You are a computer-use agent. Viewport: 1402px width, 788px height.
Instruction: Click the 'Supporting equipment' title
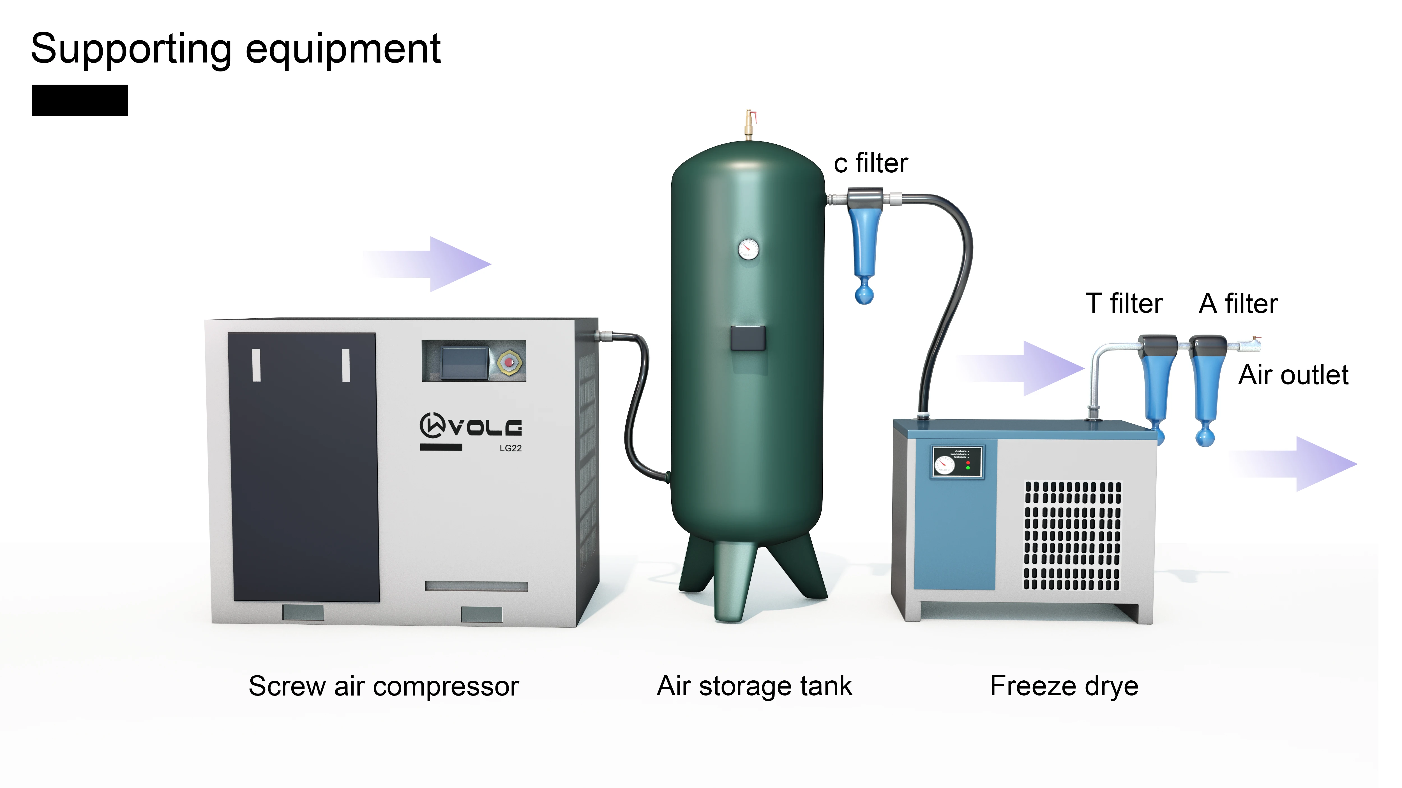coord(235,49)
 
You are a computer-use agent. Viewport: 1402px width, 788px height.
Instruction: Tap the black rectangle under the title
coord(79,100)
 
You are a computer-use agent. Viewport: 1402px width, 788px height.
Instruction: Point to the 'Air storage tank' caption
coord(754,686)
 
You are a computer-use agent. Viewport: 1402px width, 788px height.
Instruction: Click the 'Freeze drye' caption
coord(1064,686)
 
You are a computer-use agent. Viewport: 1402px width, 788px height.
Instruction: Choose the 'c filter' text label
coord(871,163)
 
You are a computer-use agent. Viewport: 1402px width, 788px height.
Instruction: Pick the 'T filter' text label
coord(1124,303)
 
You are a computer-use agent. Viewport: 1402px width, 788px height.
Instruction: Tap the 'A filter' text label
coord(1238,303)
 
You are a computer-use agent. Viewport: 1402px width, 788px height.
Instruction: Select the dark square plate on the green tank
coord(748,338)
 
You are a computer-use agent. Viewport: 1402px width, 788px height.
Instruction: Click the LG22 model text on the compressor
coord(511,448)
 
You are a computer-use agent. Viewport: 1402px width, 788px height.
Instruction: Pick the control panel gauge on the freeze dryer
coord(944,464)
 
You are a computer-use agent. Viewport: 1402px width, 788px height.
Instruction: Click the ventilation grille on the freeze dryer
coord(1072,536)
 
